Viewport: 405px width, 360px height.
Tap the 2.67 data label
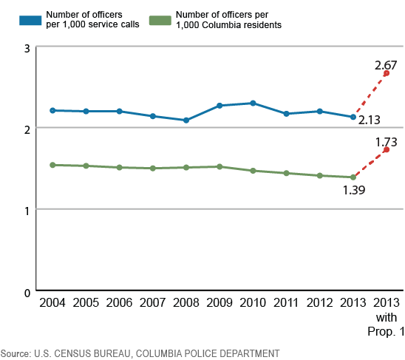387,66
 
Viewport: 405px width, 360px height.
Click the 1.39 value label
353,189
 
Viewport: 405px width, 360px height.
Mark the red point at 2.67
387,73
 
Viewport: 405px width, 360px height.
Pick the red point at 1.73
387,149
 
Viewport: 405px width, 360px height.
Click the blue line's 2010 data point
253,103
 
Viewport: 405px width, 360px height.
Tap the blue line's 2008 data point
186,120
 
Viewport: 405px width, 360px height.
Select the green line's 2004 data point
52,165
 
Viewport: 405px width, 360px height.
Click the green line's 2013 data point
353,177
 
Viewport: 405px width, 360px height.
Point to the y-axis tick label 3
27,48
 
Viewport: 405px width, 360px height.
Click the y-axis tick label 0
27,291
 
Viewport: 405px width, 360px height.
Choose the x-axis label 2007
152,303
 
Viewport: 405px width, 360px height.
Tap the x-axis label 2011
286,303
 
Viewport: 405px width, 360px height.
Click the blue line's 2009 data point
219,105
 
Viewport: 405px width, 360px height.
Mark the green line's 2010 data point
253,171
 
